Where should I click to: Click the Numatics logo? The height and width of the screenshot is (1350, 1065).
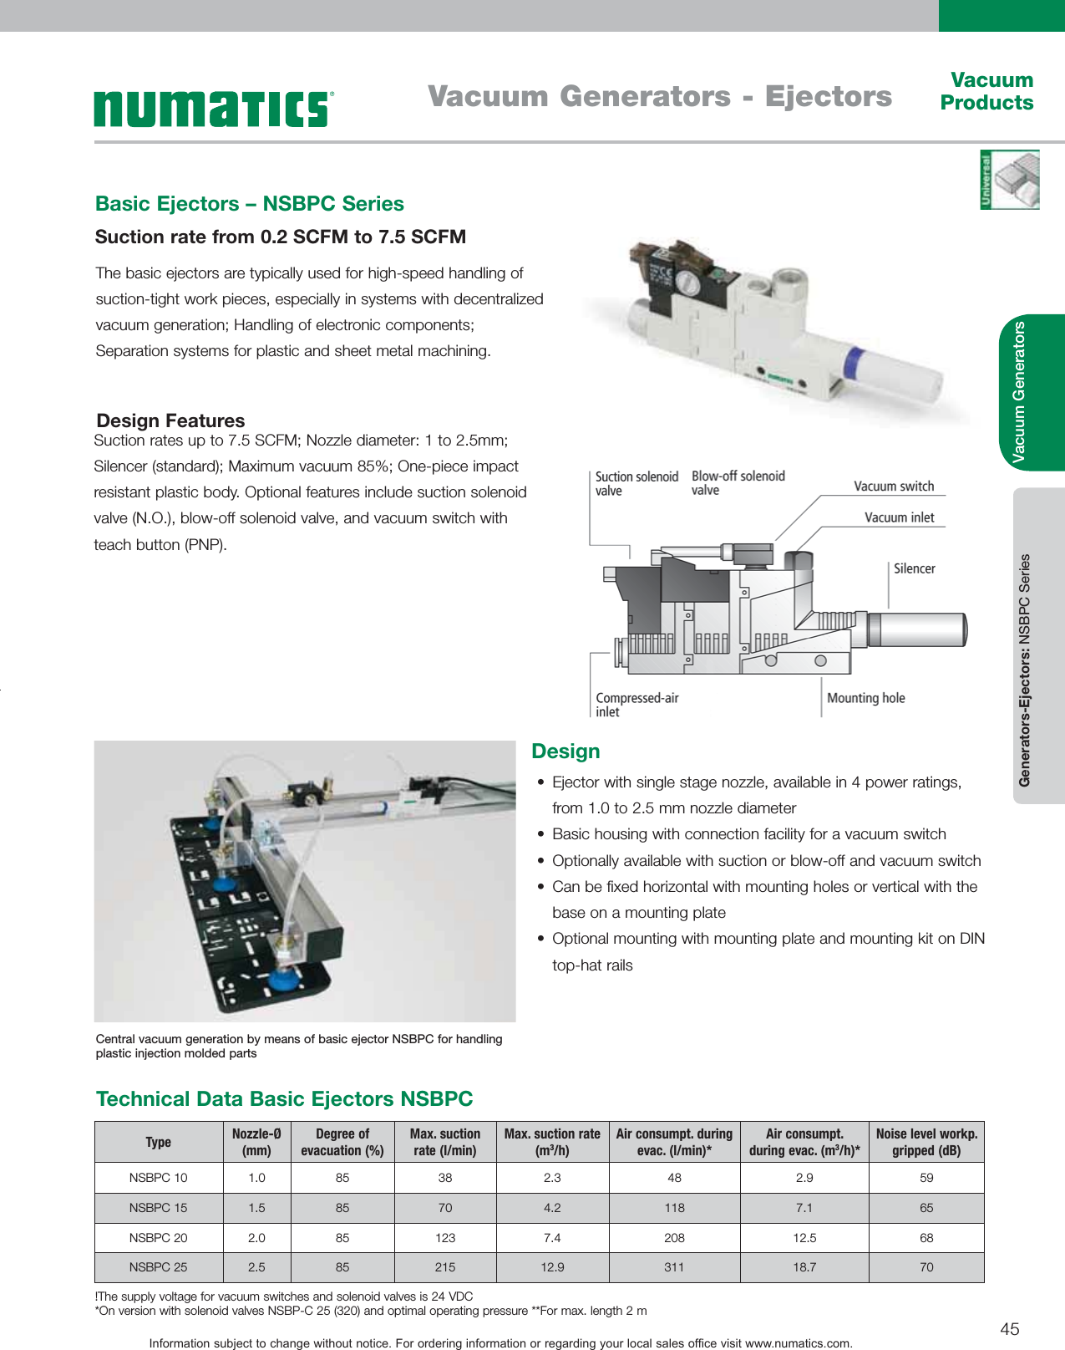[214, 109]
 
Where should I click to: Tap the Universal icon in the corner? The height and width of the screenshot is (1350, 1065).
[1009, 180]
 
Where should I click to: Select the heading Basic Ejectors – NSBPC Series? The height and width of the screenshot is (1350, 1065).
[249, 204]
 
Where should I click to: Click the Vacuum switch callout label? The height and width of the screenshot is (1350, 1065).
[893, 487]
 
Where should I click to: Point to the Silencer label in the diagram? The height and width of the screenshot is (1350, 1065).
[914, 568]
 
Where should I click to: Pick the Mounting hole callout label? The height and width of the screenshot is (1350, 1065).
[865, 698]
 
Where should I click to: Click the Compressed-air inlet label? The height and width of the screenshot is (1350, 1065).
[636, 705]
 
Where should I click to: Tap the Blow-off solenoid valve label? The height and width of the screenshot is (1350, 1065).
[738, 483]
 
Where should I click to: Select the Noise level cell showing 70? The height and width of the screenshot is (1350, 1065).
[926, 1267]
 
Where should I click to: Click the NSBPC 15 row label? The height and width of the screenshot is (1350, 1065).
[158, 1208]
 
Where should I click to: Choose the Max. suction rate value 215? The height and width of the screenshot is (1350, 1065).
[445, 1267]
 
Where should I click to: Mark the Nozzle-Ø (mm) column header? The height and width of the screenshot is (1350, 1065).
[256, 1142]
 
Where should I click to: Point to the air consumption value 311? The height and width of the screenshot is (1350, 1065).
[674, 1267]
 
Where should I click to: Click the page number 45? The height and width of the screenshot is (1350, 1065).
[1009, 1329]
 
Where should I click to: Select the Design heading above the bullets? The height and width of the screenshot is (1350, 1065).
[565, 751]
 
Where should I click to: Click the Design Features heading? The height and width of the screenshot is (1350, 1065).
[170, 420]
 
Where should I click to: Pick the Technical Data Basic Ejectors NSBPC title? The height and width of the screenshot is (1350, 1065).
[284, 1099]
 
